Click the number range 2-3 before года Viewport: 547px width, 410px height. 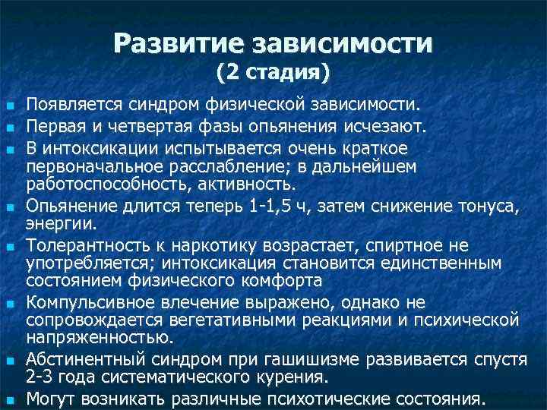(x=40, y=377)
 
